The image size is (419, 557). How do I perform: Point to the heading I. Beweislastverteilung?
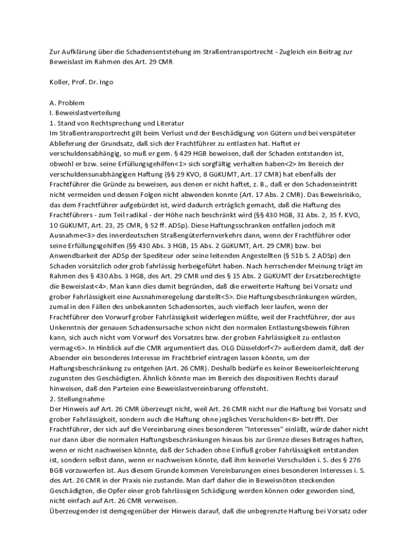coord(84,113)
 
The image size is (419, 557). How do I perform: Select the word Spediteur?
coord(159,256)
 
